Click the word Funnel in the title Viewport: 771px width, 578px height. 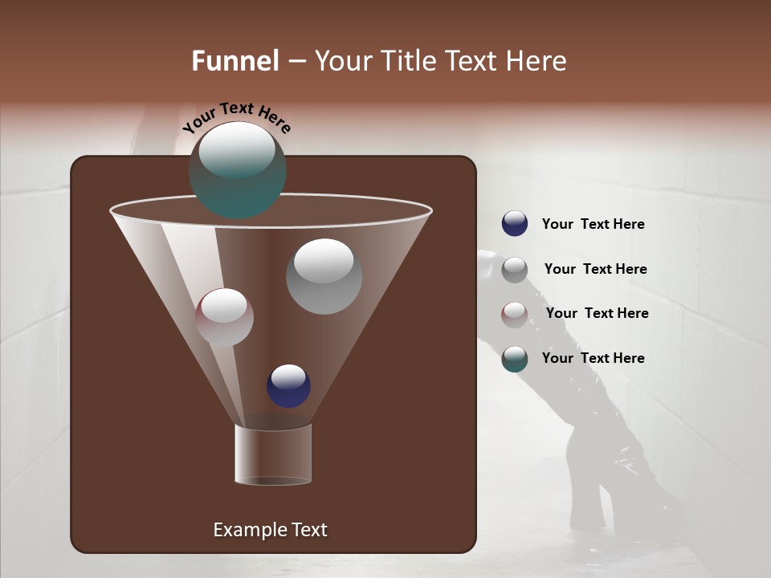coord(235,61)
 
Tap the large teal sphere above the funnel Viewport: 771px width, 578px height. coord(238,170)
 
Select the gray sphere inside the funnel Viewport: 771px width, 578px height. coord(324,276)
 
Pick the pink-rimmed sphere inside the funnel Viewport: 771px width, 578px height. coord(224,317)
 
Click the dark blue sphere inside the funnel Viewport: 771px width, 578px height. coord(288,385)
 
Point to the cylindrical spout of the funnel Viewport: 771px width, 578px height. coord(273,454)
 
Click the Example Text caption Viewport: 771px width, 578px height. coord(270,530)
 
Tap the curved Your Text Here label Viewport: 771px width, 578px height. coord(237,116)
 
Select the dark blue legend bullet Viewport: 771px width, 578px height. coord(515,224)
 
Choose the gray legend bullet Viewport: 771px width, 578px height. coord(515,270)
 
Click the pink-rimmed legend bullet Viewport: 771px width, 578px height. coord(515,315)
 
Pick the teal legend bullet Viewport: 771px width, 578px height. coord(515,359)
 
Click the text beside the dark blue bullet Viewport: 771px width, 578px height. coord(593,225)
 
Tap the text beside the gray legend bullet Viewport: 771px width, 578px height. coord(595,270)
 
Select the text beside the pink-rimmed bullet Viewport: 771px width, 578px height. coord(597,314)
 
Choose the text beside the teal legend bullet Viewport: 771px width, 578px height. coord(593,359)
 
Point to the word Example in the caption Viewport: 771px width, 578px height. coord(244,530)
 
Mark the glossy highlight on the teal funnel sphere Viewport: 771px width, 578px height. coord(237,150)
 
